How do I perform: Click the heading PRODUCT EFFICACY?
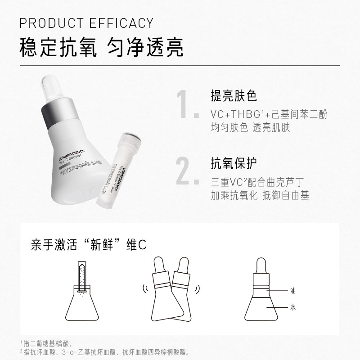tap(87, 22)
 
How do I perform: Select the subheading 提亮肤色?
tap(234, 96)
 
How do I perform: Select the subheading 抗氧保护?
tap(234, 162)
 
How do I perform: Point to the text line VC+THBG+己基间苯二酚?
tap(269, 114)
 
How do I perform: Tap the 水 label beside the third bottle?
tap(293, 306)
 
